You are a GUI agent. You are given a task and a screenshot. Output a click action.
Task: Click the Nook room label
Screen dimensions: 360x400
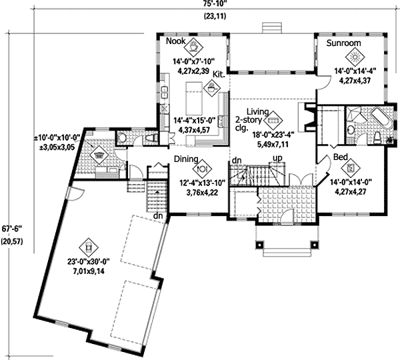[x=175, y=41]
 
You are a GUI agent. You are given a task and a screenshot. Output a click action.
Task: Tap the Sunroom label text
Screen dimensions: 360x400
[x=344, y=43]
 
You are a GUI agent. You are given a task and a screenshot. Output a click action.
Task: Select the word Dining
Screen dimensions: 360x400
[x=188, y=159]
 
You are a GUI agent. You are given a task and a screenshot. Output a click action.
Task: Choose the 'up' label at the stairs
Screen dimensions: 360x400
[x=274, y=159]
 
